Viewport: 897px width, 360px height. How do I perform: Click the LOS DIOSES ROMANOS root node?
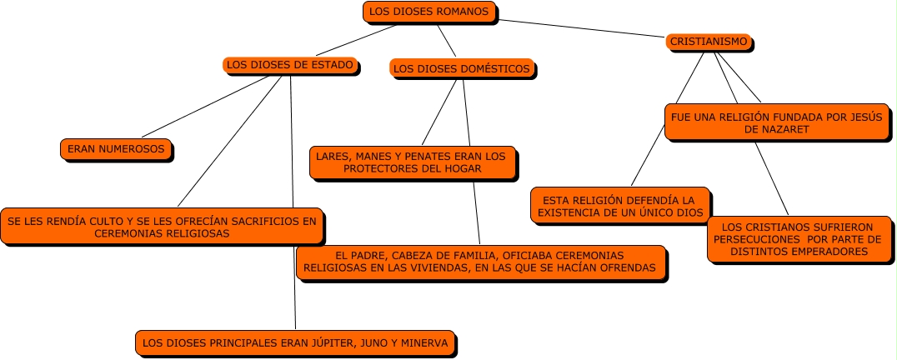point(431,12)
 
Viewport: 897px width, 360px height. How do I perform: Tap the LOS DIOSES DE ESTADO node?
point(291,64)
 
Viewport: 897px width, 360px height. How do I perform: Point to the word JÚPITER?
point(333,342)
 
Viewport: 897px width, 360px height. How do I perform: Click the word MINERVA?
point(424,342)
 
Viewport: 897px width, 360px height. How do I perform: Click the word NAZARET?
point(776,130)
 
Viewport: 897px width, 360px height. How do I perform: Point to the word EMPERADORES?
point(827,251)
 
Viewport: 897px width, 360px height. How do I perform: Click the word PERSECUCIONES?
point(754,238)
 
